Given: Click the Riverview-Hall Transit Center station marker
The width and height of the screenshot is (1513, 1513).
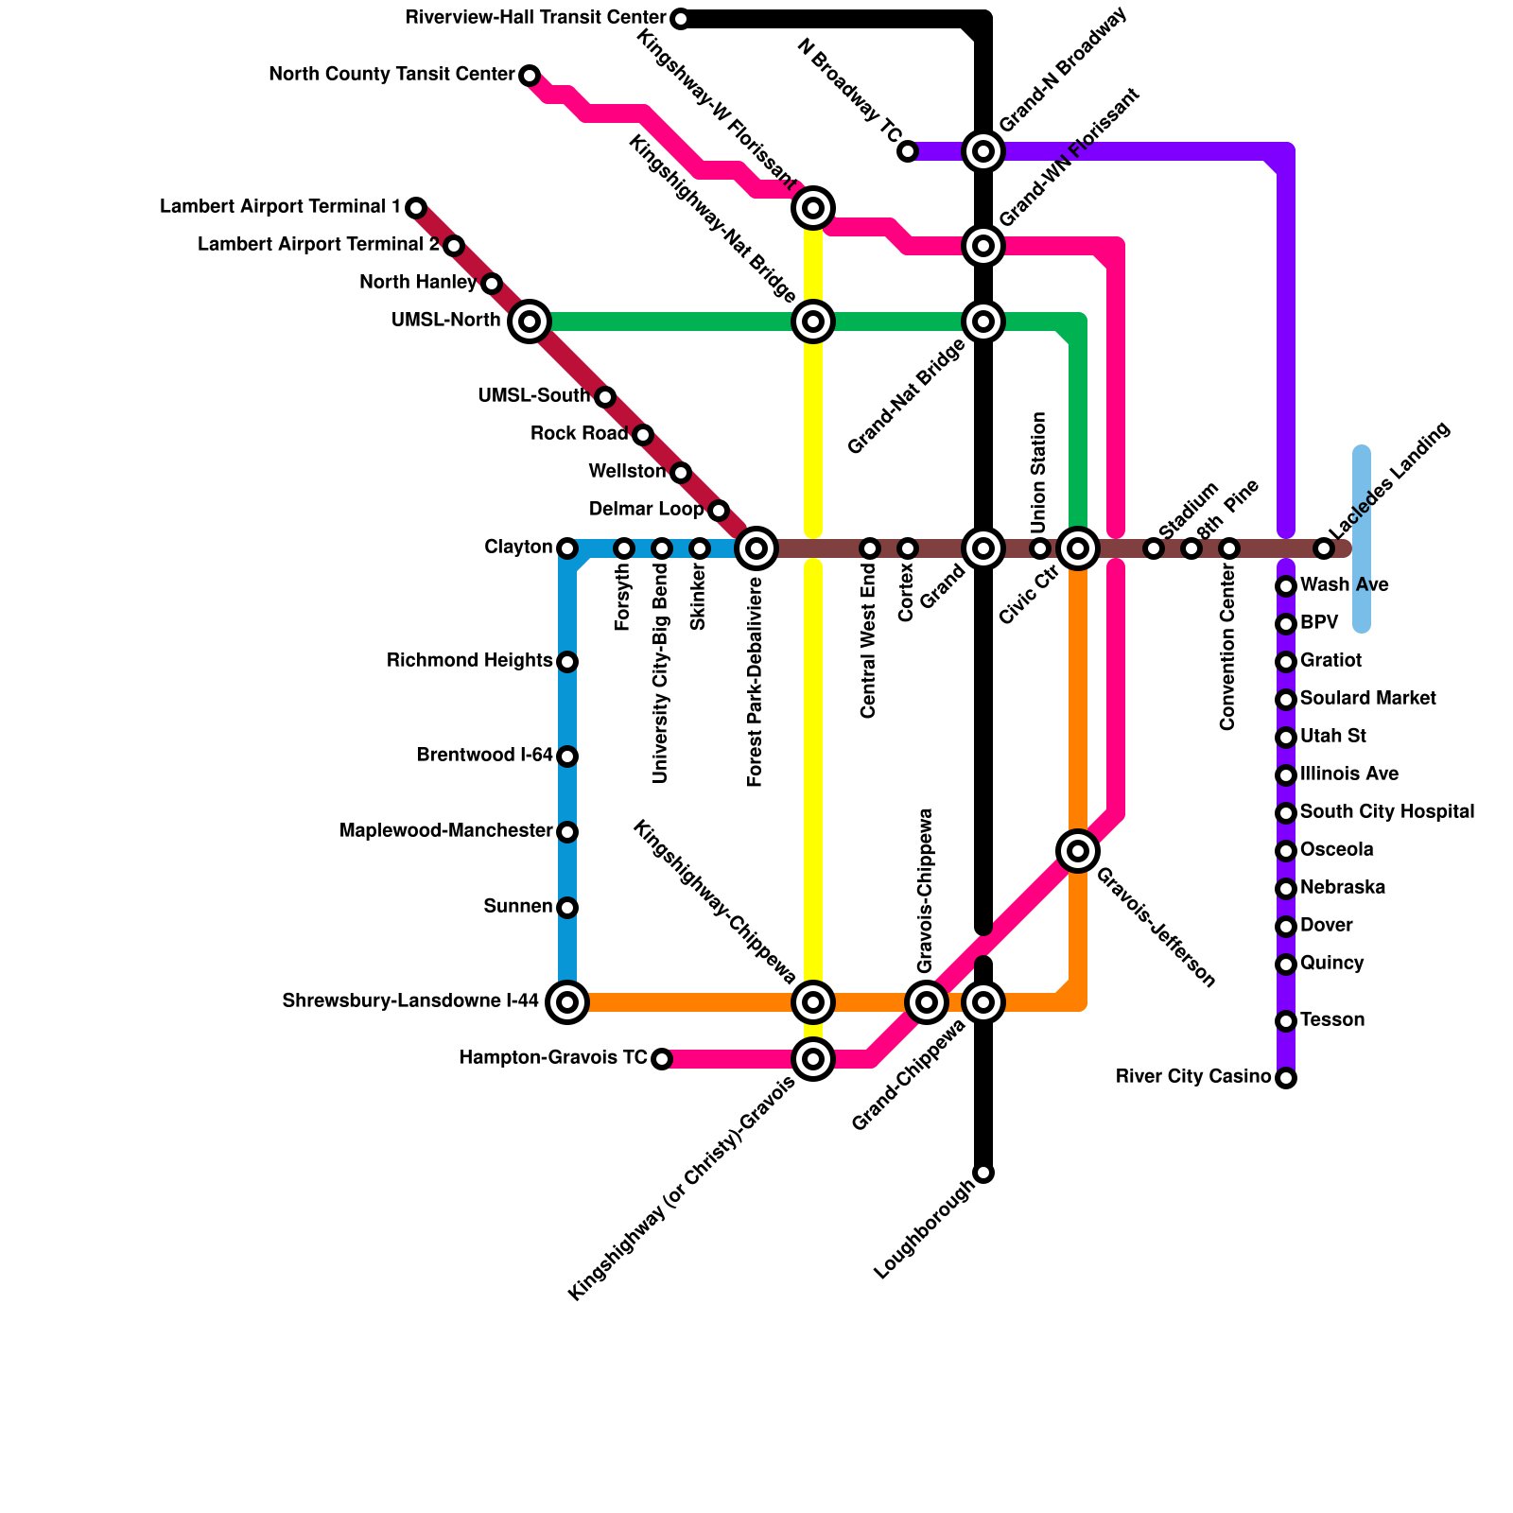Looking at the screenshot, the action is click(680, 19).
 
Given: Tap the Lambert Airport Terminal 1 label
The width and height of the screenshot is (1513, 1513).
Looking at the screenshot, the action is click(280, 207).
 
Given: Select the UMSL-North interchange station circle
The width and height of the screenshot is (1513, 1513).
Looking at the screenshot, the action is click(530, 322).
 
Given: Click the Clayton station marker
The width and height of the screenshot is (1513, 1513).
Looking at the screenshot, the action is click(567, 548).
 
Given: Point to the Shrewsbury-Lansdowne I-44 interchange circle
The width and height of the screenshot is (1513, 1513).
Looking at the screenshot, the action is click(567, 1002).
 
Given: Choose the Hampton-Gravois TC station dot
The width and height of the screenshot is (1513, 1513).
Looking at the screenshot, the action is click(662, 1059).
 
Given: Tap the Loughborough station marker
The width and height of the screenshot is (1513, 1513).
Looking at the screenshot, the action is click(983, 1173).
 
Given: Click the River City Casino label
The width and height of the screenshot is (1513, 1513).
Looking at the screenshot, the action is click(1193, 1077).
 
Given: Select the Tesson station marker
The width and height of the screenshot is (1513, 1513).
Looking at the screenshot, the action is click(1286, 1021).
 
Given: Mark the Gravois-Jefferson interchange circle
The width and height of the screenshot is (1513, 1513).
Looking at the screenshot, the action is click(1078, 851).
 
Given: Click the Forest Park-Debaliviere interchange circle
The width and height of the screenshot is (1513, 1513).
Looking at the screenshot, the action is click(756, 548).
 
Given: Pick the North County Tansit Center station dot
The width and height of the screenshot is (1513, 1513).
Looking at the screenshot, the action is click(530, 76).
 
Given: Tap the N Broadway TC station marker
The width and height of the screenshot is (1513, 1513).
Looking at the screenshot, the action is click(908, 151).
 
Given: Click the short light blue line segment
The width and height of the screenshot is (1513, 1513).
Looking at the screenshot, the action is click(1362, 539).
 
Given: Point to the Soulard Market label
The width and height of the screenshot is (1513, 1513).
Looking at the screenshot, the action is click(1367, 699).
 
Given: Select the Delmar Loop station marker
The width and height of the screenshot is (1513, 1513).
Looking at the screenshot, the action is click(719, 511).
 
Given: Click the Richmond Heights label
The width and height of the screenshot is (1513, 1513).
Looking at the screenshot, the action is click(469, 661).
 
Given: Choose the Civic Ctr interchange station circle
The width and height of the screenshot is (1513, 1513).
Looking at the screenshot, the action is click(1078, 548).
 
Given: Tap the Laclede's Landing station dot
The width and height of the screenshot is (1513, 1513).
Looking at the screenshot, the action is click(1324, 548).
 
